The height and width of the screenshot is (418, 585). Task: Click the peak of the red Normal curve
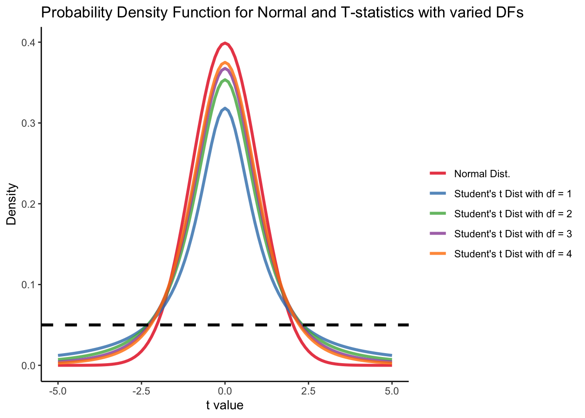click(x=225, y=43)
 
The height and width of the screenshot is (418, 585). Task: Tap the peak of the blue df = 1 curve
click(x=225, y=109)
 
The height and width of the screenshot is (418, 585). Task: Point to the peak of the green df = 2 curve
click(x=225, y=80)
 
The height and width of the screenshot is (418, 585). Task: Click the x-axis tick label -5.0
click(x=58, y=391)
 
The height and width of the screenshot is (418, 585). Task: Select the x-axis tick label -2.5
click(x=141, y=391)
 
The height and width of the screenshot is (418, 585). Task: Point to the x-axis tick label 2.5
click(x=308, y=391)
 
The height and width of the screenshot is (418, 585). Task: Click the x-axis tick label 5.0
click(x=392, y=391)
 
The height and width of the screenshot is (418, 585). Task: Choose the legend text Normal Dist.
click(x=482, y=174)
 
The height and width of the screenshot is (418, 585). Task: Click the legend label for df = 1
click(x=513, y=194)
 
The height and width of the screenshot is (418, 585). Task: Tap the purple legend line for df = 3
click(x=438, y=234)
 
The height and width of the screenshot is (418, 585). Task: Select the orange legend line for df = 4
click(x=438, y=254)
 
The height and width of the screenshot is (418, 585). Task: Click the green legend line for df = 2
click(x=438, y=214)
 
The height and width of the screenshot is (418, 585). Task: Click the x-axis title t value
click(x=225, y=406)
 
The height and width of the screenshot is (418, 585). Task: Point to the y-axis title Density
click(x=12, y=204)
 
